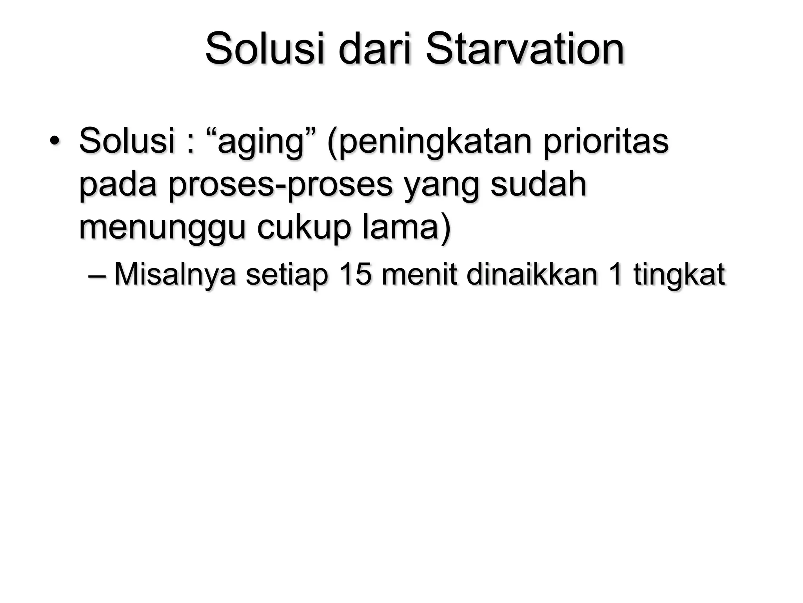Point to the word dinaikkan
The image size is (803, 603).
[x=532, y=274]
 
